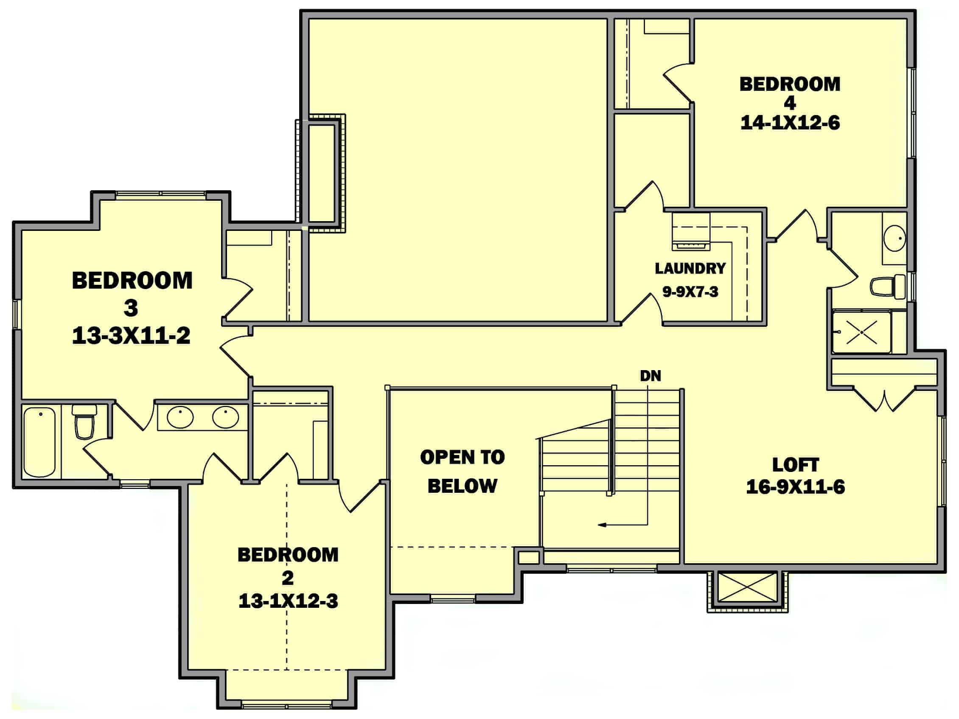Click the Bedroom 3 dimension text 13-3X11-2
[131, 336]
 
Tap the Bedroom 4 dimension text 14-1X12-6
[790, 123]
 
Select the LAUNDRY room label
[690, 268]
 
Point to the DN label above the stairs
[651, 376]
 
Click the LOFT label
[795, 465]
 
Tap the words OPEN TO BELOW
[462, 472]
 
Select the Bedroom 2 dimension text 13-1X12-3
[288, 601]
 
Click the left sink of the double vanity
[180, 417]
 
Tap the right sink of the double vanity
[225, 417]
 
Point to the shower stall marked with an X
[862, 332]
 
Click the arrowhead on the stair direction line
[602, 525]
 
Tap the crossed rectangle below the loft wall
[747, 588]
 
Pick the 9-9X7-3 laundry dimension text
[690, 292]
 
